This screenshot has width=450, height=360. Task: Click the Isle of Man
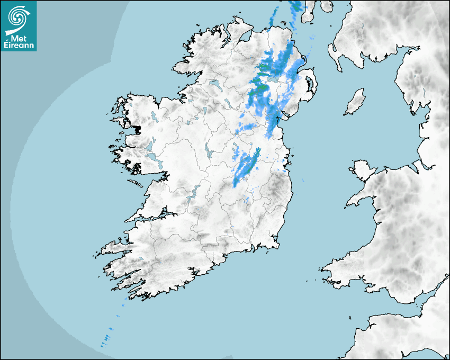tap(355, 102)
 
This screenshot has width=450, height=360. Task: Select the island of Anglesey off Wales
tap(360, 170)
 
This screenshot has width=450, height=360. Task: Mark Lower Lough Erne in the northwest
tap(215, 84)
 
